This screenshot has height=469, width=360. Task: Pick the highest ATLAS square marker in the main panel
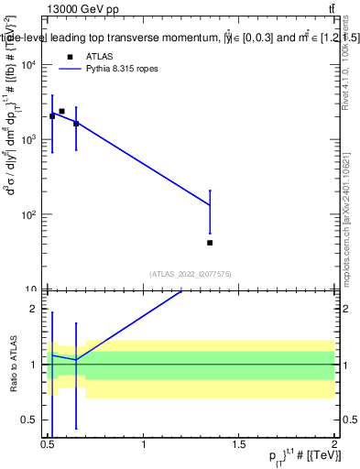[61, 111]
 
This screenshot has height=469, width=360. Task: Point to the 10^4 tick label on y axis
[29, 64]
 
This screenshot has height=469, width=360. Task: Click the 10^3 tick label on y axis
[29, 139]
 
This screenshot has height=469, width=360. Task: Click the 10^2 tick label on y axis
[29, 214]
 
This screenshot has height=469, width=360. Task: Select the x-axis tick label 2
[334, 446]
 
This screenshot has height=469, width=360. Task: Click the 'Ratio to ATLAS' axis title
[12, 364]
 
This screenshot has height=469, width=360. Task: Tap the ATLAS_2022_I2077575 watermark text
[191, 273]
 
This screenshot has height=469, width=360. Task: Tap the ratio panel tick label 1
[34, 365]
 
